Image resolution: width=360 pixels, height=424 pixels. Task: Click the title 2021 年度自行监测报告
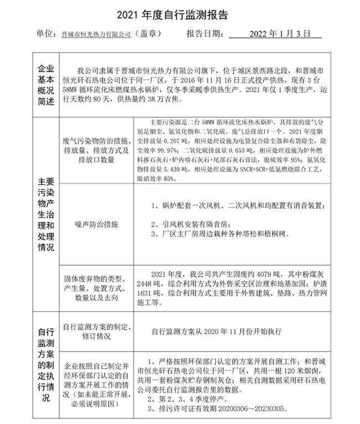(179, 12)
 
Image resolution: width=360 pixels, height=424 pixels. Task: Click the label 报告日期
(206, 34)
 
